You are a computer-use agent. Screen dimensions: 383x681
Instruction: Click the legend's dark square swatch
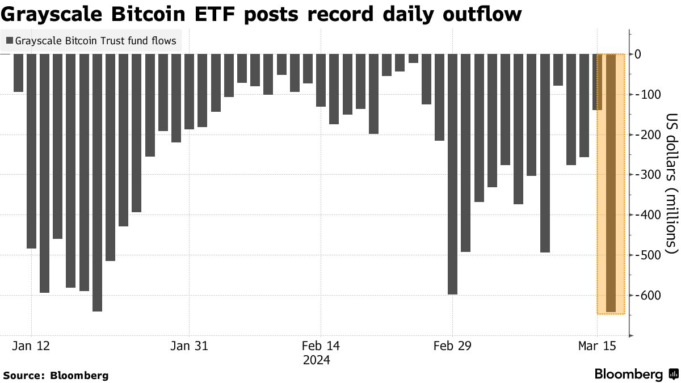click(x=9, y=41)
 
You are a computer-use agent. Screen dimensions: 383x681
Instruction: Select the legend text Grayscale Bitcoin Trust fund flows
click(x=95, y=41)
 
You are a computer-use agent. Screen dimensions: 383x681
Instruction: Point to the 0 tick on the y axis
click(x=653, y=54)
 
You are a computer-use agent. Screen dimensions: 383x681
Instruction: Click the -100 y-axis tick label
click(x=647, y=94)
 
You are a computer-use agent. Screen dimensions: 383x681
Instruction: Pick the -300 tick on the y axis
click(x=647, y=175)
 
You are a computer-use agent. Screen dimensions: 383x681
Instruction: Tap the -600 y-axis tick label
click(x=647, y=296)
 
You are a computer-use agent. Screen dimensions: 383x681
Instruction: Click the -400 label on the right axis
click(x=647, y=215)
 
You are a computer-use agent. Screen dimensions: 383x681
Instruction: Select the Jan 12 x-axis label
click(x=31, y=346)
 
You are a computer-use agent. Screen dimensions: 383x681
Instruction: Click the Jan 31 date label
click(x=189, y=346)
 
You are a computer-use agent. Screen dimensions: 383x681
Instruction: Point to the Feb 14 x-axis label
click(x=321, y=346)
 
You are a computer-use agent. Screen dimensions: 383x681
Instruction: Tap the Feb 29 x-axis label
click(x=452, y=346)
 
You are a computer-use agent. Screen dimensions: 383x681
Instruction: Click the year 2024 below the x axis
click(x=316, y=360)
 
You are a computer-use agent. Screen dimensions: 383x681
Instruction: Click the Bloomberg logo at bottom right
click(x=636, y=374)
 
